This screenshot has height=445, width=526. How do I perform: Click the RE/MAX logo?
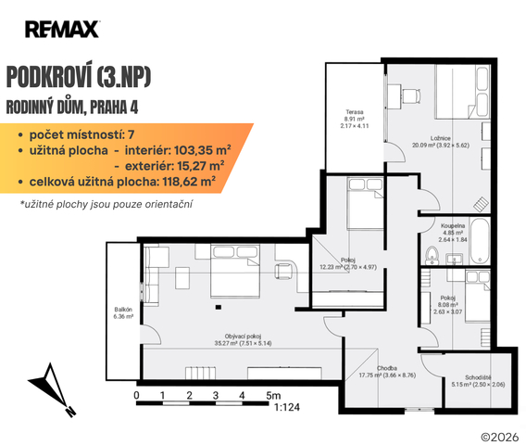pos(62,30)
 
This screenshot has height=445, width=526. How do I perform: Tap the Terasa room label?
pos(355,119)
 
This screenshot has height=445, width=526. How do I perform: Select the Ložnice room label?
pos(441,142)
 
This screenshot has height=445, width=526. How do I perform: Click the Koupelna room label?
pos(453,233)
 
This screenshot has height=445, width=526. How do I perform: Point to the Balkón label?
pos(123,313)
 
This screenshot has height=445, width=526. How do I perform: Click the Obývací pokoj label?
pos(243,339)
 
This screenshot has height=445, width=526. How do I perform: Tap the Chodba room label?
pos(387,372)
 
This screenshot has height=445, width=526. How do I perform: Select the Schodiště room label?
pos(478,381)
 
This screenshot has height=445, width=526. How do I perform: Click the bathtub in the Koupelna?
pos(480,241)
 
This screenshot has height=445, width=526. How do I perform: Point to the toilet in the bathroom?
pos(432,256)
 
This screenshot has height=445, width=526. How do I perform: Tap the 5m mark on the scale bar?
pos(273,396)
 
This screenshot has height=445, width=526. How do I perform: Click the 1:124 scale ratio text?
pos(287,407)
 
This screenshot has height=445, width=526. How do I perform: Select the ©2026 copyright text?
pos(500,437)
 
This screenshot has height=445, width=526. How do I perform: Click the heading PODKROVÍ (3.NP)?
pos(79,78)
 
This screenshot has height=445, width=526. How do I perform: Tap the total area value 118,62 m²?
pos(189,182)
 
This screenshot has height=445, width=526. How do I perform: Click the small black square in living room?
pos(219,307)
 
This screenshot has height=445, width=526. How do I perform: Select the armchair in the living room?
pos(283,271)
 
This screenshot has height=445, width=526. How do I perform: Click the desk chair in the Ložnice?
pos(411,96)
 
